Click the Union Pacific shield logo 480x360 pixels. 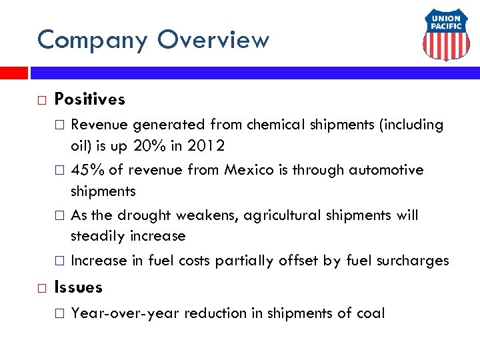[446, 37]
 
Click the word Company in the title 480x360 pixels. [93, 40]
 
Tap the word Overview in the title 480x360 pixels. [213, 40]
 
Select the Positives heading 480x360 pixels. [89, 99]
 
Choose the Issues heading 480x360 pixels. [79, 287]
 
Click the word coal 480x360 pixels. [371, 313]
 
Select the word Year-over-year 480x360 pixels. [125, 313]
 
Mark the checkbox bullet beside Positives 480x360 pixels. [41, 100]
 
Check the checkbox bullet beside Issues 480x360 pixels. [41, 288]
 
